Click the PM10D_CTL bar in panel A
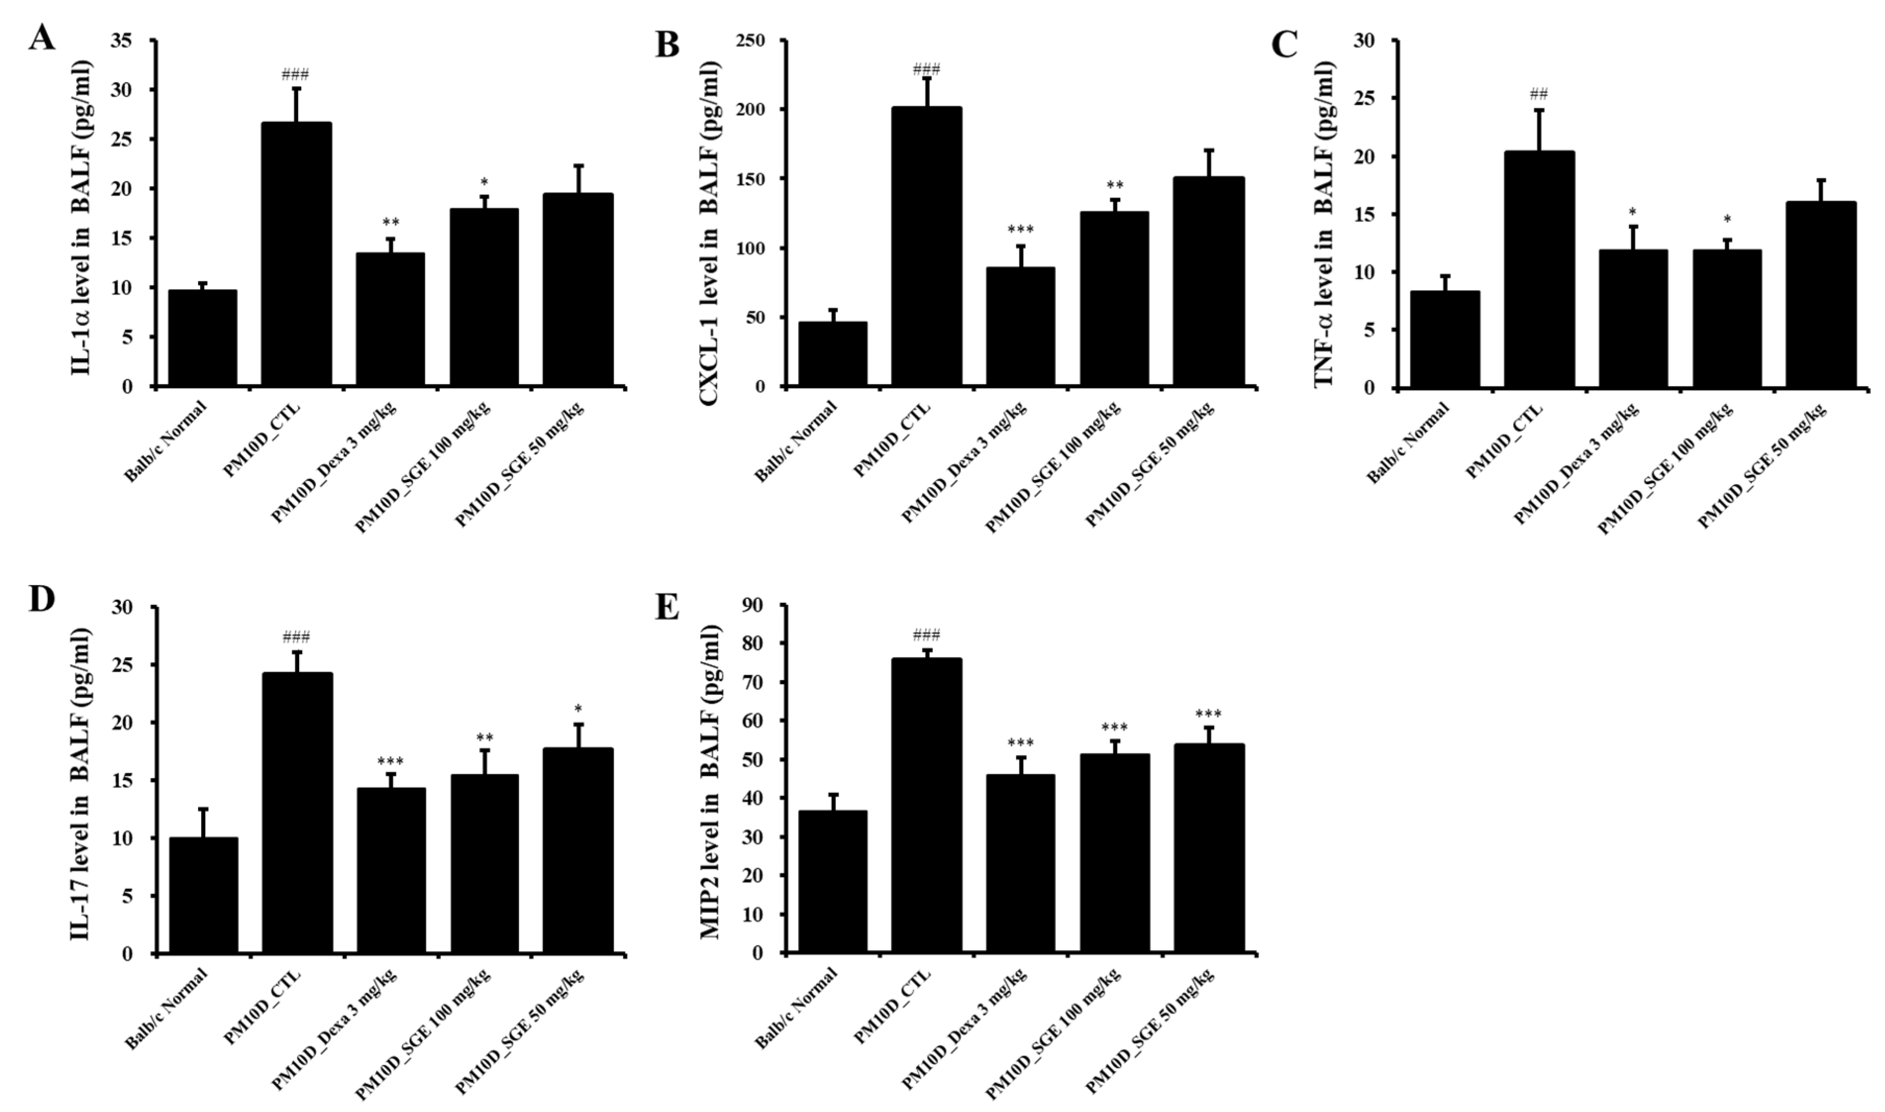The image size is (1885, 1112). pos(296,255)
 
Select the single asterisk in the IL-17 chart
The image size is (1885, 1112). pos(578,709)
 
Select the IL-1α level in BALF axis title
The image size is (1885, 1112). pos(82,214)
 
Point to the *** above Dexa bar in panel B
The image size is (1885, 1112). pos(1021,229)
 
